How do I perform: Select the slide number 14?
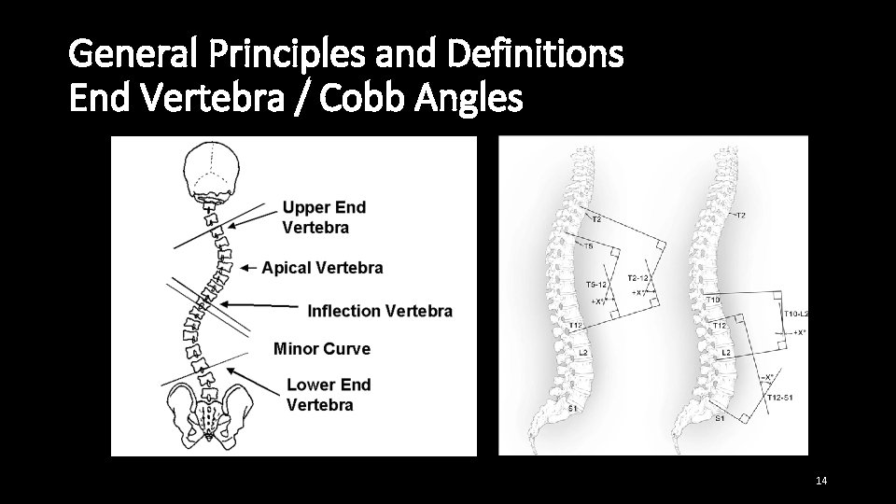coord(821,481)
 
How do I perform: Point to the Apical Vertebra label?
coord(322,268)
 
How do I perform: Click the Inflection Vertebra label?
coord(380,311)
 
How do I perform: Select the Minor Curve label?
coord(322,349)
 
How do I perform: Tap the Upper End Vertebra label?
coord(323,217)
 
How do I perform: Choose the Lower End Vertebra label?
coord(329,395)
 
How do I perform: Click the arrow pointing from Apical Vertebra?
coord(248,268)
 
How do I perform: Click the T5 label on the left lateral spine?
coord(588,247)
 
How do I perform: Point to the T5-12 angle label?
coord(595,285)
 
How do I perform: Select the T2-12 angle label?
coord(640,278)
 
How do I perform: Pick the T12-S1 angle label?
coord(779,399)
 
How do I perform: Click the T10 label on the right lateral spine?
coord(714,300)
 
